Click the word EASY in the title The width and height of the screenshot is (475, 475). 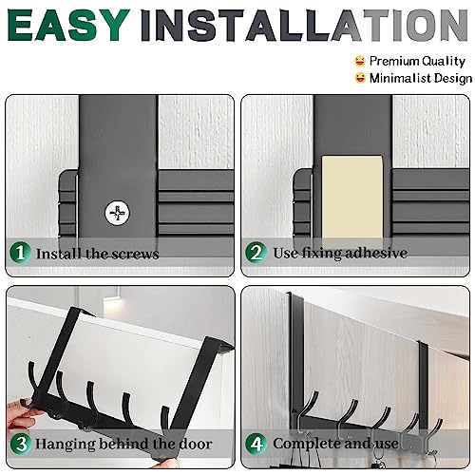(x=68, y=25)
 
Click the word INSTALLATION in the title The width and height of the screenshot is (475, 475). (x=304, y=25)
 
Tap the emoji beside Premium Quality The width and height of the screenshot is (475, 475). (x=360, y=61)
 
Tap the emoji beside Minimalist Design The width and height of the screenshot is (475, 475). (x=360, y=78)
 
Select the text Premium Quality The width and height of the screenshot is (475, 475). (x=417, y=61)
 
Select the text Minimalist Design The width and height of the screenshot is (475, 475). (x=421, y=78)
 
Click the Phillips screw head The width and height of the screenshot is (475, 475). (x=117, y=213)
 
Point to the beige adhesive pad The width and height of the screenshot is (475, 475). (x=352, y=197)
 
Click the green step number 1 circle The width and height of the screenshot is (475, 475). (x=20, y=253)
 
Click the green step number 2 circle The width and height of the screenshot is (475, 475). (x=256, y=252)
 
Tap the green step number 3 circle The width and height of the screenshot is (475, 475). (x=21, y=444)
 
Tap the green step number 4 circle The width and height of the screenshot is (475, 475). (x=256, y=444)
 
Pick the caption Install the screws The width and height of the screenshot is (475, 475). (x=97, y=254)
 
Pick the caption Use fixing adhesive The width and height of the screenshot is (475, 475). (x=340, y=253)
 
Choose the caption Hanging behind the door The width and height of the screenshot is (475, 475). (x=123, y=444)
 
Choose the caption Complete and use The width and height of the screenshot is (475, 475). (x=335, y=444)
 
